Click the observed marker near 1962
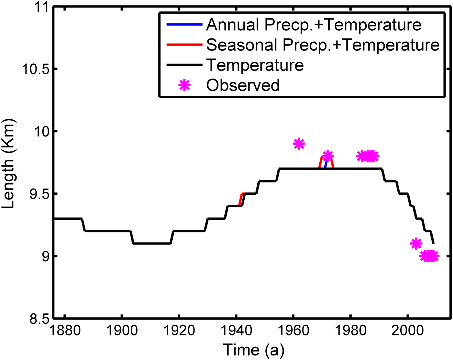(x=299, y=144)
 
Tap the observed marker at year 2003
(x=416, y=244)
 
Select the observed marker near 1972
(x=328, y=156)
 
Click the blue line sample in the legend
(x=184, y=25)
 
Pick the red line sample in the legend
(x=184, y=45)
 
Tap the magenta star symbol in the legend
(x=184, y=85)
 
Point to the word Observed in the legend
(x=243, y=85)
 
